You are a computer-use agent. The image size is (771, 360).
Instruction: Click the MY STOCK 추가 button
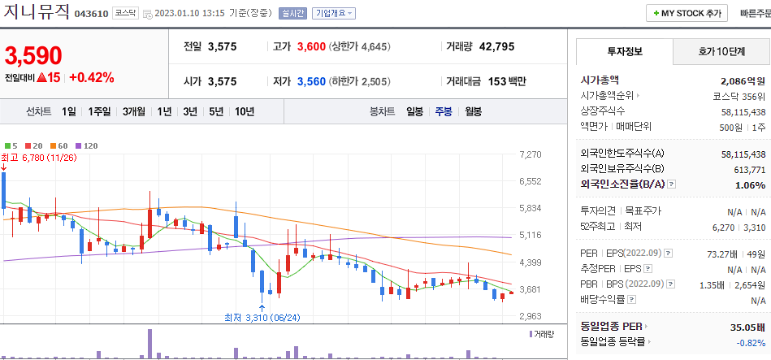click(x=686, y=14)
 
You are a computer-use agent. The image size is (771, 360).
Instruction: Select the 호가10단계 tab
click(x=721, y=51)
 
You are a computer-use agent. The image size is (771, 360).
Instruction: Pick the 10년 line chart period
click(x=244, y=111)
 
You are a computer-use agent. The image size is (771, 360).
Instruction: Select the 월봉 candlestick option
click(x=473, y=111)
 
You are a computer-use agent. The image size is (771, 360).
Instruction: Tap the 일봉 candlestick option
click(x=414, y=111)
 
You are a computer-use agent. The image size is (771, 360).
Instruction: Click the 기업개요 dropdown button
click(x=333, y=13)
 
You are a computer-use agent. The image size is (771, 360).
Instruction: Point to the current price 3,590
click(x=33, y=55)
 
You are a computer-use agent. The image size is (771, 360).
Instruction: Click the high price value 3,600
click(x=311, y=46)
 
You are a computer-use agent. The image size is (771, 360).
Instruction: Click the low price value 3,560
click(x=311, y=81)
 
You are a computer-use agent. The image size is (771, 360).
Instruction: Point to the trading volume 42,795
click(x=496, y=46)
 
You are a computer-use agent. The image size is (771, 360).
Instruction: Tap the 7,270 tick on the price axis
click(x=530, y=154)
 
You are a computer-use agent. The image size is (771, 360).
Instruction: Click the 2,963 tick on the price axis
click(x=530, y=316)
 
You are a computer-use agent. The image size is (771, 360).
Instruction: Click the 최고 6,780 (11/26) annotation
click(x=38, y=157)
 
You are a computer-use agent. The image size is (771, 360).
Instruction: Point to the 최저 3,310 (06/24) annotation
click(x=262, y=318)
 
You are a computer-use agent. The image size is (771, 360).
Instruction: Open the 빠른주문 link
click(x=755, y=14)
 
